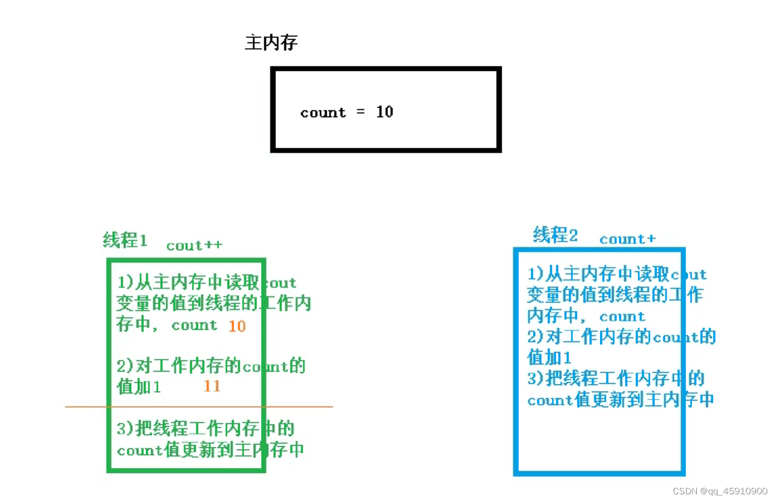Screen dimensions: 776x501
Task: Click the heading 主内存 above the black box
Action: coord(271,42)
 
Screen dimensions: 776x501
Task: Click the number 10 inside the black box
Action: coord(385,112)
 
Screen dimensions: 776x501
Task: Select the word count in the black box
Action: coord(323,113)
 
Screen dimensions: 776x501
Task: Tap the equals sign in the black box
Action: coord(361,112)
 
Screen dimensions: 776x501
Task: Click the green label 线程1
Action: coord(125,240)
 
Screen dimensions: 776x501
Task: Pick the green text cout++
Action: coord(194,246)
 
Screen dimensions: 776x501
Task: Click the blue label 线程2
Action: coord(555,235)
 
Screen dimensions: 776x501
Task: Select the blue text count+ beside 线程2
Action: coord(627,239)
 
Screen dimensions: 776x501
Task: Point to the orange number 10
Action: coord(237,326)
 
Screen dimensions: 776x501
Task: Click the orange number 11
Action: coord(212,386)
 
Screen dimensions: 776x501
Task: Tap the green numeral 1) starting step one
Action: coord(125,282)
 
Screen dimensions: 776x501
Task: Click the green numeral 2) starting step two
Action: coord(125,366)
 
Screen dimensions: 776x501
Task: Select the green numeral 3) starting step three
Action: coord(125,429)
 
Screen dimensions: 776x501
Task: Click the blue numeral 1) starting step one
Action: coord(535,274)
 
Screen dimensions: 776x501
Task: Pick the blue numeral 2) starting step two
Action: coord(535,337)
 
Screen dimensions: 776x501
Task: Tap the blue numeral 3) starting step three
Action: coord(535,378)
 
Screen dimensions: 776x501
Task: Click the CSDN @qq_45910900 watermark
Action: coord(720,491)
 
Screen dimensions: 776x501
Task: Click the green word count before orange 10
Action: coord(194,325)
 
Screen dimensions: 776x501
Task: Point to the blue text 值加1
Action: coord(549,357)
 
